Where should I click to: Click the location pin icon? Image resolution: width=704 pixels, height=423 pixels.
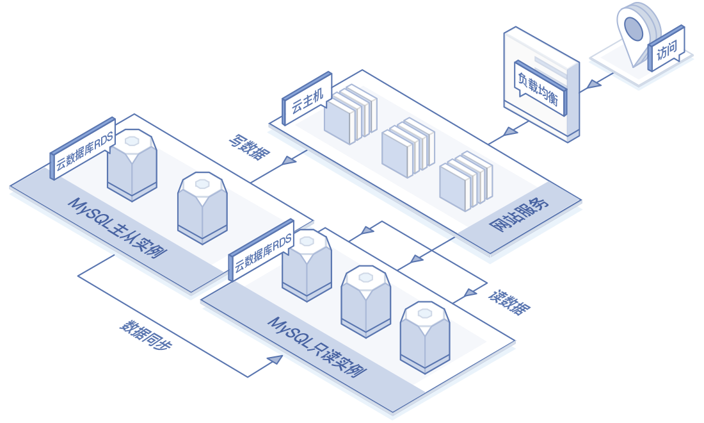click(x=634, y=29)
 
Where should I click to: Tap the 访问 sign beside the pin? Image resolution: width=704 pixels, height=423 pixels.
click(x=666, y=51)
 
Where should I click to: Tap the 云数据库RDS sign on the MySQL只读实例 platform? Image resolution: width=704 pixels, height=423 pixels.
click(x=262, y=254)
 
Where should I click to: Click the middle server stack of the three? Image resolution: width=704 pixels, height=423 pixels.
click(x=407, y=147)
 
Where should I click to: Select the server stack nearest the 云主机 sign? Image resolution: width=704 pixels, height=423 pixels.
click(x=349, y=115)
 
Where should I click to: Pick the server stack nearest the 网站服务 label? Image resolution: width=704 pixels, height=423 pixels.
click(x=465, y=179)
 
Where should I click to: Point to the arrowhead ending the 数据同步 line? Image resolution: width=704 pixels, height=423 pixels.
click(x=275, y=360)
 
